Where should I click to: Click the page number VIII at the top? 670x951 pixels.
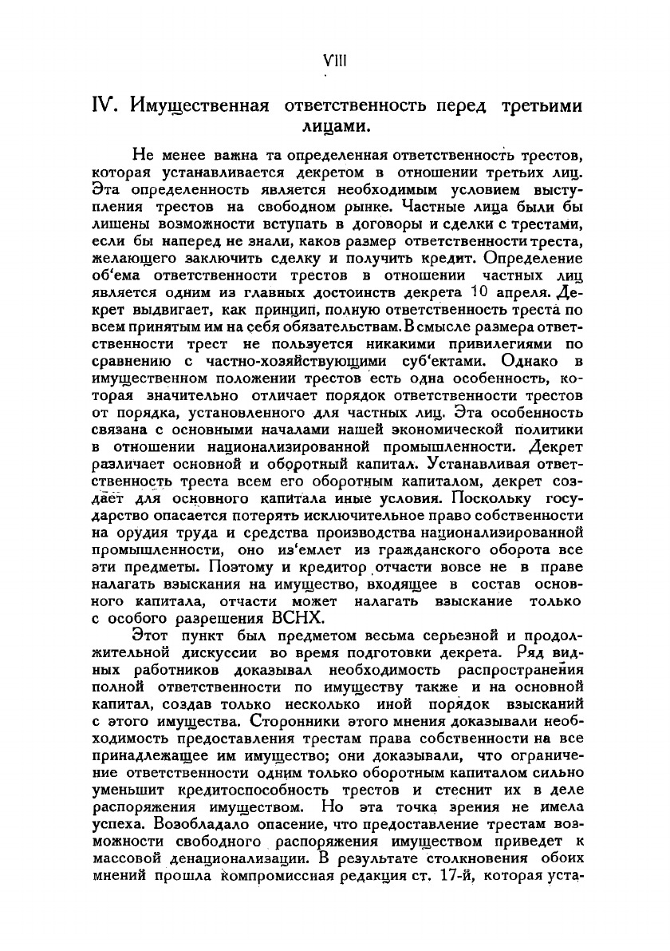click(333, 61)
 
